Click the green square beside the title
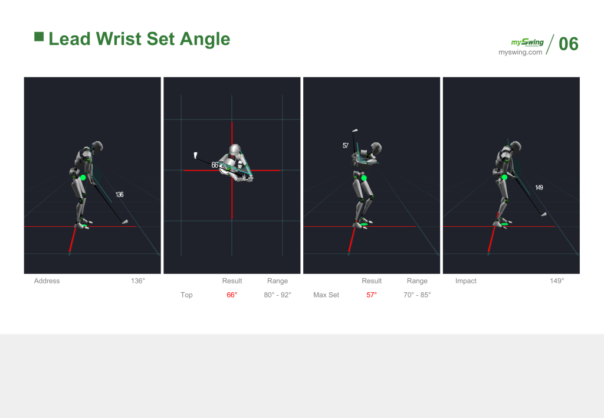click(x=39, y=37)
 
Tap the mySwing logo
click(x=527, y=42)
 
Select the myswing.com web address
click(x=520, y=52)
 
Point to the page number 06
click(x=569, y=44)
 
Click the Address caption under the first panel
click(x=47, y=280)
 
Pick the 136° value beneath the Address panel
click(x=138, y=280)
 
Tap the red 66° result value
click(x=232, y=295)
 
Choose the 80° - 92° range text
click(x=277, y=295)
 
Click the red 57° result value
click(x=372, y=295)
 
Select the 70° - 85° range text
click(x=417, y=295)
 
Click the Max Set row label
click(x=326, y=295)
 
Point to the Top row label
click(x=186, y=295)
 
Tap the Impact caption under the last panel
click(x=466, y=280)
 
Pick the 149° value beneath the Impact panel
click(x=557, y=280)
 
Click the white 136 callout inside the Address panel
click(x=119, y=194)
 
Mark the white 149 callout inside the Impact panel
click(x=539, y=187)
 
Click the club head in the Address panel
click(x=125, y=222)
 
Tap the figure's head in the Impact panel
click(x=516, y=146)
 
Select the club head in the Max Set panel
click(x=354, y=130)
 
